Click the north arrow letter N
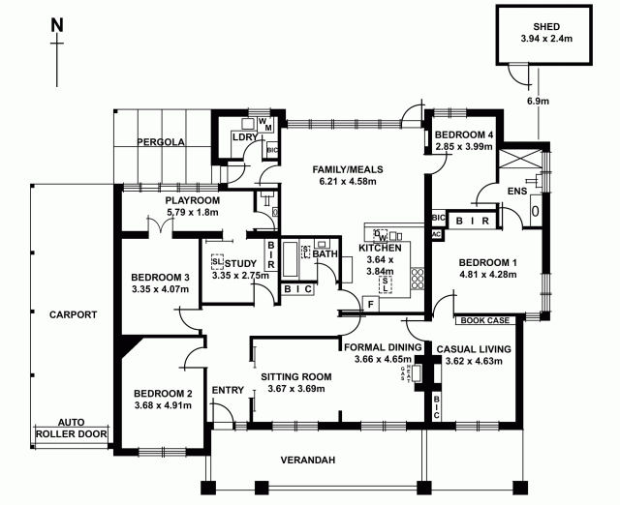tap(59, 23)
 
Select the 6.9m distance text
tap(538, 101)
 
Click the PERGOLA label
tap(161, 142)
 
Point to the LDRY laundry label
tap(243, 137)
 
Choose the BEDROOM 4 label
tap(464, 134)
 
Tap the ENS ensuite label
tap(505, 191)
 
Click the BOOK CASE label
tap(483, 319)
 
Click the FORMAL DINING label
tap(383, 345)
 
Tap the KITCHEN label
tap(380, 249)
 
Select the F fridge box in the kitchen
tap(369, 304)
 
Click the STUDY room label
tap(240, 263)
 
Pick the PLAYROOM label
tap(194, 199)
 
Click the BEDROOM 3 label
tap(161, 278)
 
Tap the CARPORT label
tap(74, 314)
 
